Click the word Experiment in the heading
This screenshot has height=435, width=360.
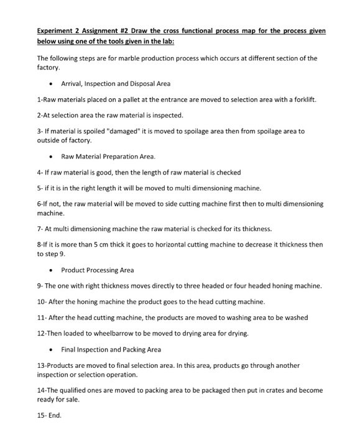[x=55, y=30]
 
